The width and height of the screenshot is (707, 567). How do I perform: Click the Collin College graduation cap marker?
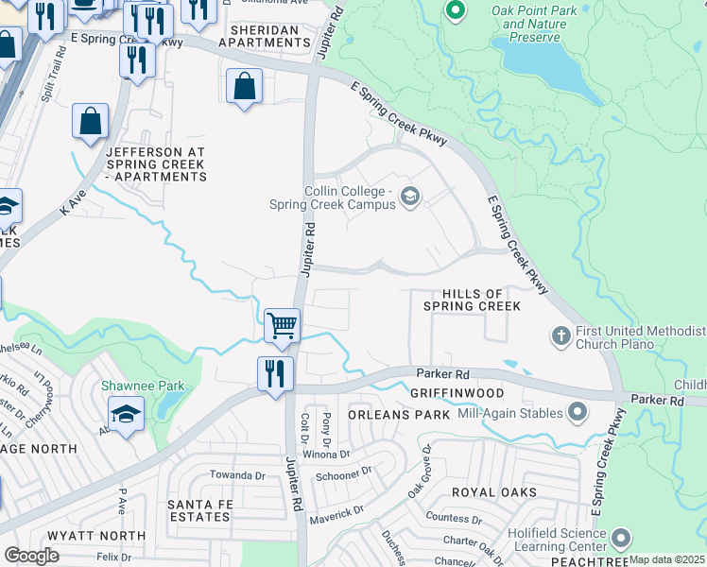coord(409,197)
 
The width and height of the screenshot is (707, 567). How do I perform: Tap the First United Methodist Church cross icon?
coord(561,335)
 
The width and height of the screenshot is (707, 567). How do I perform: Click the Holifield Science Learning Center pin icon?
coord(620,539)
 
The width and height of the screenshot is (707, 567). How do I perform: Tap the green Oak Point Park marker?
coord(455,11)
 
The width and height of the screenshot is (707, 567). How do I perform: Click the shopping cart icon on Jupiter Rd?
coord(282,326)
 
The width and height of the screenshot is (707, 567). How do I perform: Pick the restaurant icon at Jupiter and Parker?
coord(275,372)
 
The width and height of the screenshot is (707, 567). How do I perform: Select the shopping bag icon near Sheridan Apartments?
coord(244,86)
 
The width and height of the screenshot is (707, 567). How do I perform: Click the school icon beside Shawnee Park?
coord(125,414)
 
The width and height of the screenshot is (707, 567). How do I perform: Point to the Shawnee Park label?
coord(143,386)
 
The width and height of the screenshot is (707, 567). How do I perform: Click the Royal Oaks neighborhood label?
coord(493,492)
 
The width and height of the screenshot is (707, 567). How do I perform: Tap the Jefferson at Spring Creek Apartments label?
coord(155,164)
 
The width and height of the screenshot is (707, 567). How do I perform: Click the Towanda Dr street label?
coord(237,475)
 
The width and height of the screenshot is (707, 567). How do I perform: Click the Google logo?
coord(31,556)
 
